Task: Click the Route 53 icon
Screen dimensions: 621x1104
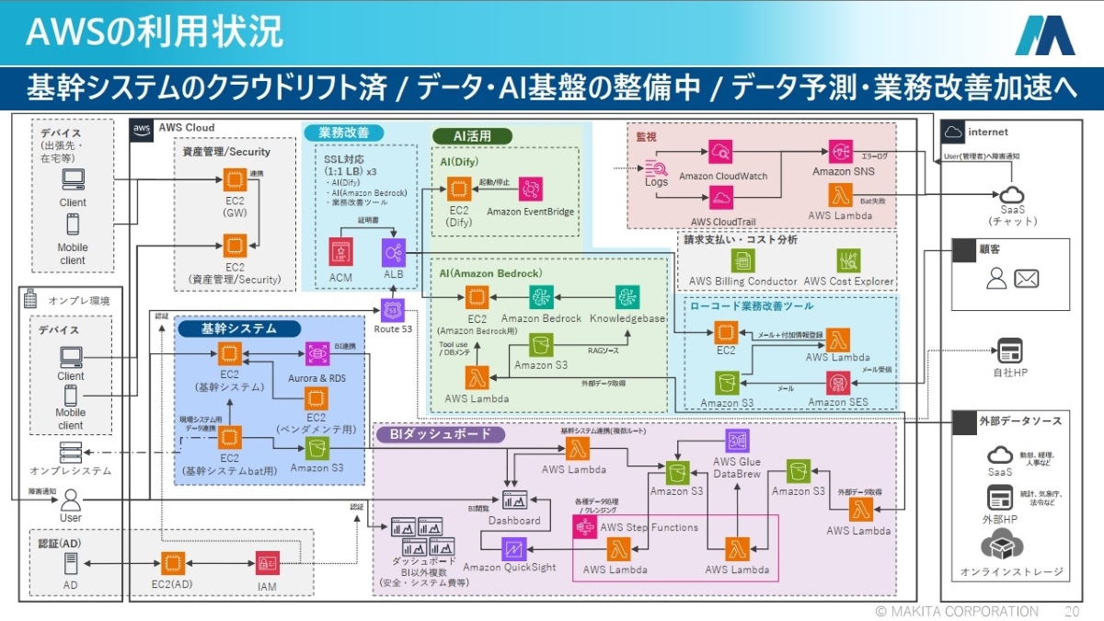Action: pos(394,309)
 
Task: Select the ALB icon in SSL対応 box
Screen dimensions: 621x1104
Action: pos(394,251)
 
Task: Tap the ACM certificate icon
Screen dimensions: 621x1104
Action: pos(341,251)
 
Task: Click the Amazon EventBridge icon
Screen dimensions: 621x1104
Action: pos(530,190)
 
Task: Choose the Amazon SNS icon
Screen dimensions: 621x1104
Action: pos(839,150)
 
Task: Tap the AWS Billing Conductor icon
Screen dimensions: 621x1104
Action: pos(742,260)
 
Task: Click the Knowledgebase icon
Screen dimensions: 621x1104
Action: pos(628,296)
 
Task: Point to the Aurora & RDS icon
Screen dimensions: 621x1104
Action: pos(317,353)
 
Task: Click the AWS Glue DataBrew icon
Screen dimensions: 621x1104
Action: pos(737,441)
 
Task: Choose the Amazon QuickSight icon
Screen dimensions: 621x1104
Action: pos(513,549)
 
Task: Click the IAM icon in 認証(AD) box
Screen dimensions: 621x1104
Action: pos(267,562)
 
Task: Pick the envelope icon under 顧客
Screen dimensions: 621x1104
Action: pos(1026,278)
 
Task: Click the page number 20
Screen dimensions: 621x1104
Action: pos(1071,611)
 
